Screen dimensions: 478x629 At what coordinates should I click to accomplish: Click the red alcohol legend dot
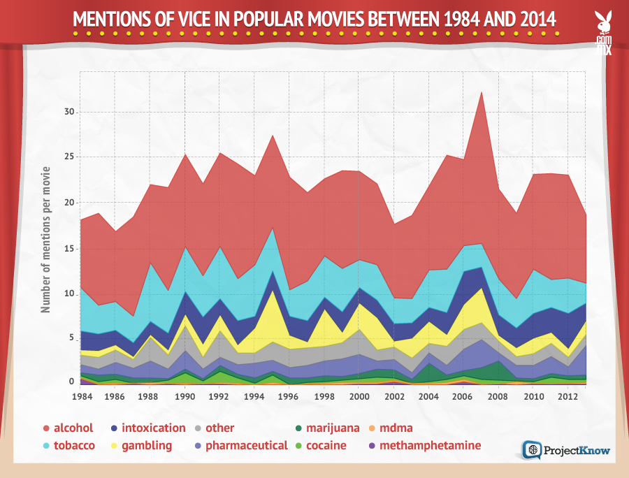click(45, 428)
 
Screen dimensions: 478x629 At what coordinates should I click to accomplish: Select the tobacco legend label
click(74, 445)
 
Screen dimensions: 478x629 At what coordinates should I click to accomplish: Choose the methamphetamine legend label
click(430, 445)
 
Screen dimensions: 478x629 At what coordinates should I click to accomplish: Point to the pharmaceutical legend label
click(246, 445)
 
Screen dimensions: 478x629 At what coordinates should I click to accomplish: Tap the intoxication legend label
click(154, 428)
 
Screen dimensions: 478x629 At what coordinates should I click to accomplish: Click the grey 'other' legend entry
click(219, 428)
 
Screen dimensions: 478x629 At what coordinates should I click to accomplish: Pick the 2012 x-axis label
click(568, 396)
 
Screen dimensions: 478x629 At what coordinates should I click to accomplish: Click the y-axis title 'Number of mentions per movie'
click(45, 239)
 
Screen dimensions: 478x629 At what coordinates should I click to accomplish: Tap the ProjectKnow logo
click(566, 450)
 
